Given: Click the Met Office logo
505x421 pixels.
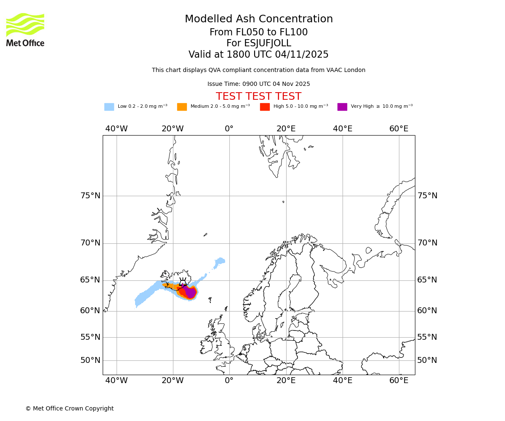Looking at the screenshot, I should pos(25,29).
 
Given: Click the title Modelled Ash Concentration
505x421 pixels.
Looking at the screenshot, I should pos(259,19).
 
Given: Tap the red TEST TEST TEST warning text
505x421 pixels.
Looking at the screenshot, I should pos(258,96).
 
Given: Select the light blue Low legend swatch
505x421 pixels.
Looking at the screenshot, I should pos(109,107).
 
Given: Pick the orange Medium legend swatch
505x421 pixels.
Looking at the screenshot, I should pos(182,107).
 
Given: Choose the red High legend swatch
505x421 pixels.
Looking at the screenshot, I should pos(265,107).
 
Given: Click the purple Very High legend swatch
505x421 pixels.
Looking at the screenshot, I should pos(342,107).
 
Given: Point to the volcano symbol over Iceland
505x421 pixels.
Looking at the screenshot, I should pos(183,282).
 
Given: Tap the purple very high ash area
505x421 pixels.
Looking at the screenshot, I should pos(191,292).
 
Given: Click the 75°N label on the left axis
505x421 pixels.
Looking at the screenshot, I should pos(90,196).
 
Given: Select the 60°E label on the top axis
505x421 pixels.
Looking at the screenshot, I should pos(399,129).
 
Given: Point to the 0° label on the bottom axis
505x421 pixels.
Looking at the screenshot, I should pos(229,381).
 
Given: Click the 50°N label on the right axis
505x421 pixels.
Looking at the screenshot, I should pos(427,360).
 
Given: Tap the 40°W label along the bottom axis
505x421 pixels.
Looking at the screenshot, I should pos(117,381).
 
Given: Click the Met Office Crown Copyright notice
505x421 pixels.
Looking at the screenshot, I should pos(69,408).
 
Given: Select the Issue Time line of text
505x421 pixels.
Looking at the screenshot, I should pos(258,84).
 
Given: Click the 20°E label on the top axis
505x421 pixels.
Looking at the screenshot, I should pos(286,129).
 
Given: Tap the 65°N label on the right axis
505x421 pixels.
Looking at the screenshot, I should pos(427,280).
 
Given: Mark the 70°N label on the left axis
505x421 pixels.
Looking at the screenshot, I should pos(90,243).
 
